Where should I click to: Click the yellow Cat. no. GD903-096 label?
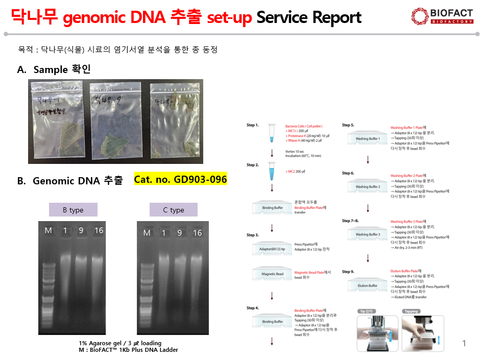(180, 180)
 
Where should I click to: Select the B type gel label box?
(73, 210)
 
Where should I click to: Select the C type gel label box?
(173, 210)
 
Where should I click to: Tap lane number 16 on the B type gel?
(99, 231)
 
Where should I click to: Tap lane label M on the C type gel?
(147, 233)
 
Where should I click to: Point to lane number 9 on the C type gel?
(180, 233)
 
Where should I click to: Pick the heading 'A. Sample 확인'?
(54, 69)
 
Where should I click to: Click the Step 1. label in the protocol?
(253, 125)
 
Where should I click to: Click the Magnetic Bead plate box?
(272, 274)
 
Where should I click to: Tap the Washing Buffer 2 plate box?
(368, 186)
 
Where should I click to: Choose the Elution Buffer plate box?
(368, 284)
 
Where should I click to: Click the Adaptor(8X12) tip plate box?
(272, 249)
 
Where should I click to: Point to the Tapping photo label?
(411, 311)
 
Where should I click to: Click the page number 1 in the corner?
(464, 344)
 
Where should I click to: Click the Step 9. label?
(348, 272)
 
